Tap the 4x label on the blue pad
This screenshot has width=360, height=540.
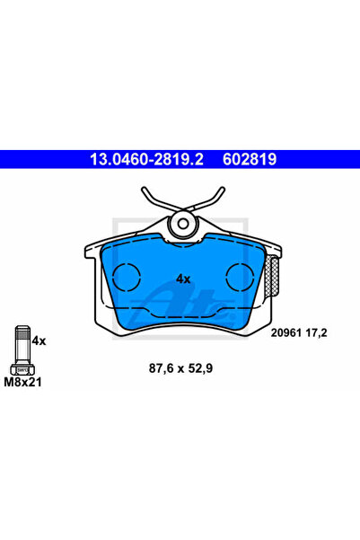tap(183, 279)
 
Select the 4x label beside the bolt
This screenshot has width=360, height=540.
tap(39, 341)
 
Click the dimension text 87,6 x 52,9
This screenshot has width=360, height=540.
tap(180, 367)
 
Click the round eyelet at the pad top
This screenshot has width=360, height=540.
tap(183, 224)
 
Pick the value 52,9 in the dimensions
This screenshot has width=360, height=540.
tap(202, 367)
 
